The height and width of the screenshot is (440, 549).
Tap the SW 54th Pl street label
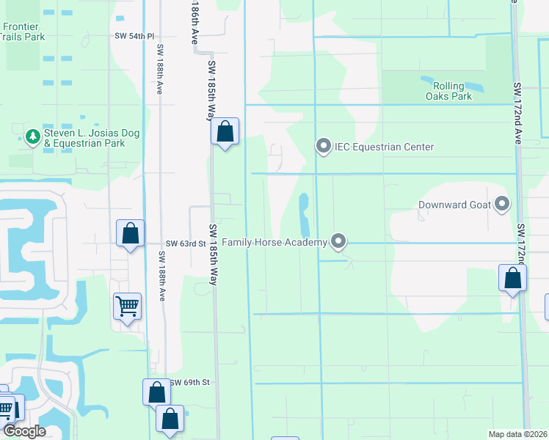[134, 36]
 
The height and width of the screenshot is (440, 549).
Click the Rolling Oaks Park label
[448, 91]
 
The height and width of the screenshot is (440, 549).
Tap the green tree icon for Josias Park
[32, 136]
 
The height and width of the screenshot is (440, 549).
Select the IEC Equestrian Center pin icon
[324, 147]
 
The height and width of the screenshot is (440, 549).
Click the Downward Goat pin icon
[502, 204]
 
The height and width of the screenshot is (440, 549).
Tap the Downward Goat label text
[454, 205]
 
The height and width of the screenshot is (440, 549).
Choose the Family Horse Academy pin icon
[338, 241]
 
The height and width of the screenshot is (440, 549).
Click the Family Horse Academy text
[274, 241]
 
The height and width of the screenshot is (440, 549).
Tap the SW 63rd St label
[183, 243]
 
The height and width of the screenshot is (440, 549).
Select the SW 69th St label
[190, 383]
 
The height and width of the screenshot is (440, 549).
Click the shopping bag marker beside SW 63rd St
[130, 235]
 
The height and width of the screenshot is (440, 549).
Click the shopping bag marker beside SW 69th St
[156, 392]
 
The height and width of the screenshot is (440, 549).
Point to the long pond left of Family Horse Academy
[304, 213]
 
